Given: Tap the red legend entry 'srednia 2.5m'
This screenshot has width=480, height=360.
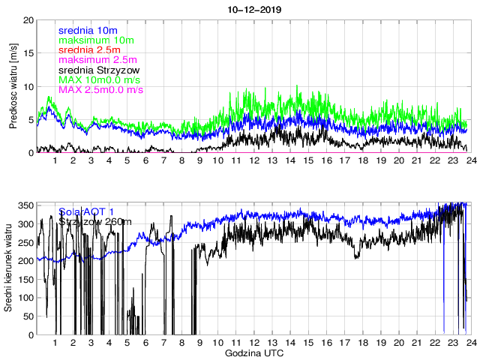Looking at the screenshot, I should (x=88, y=49).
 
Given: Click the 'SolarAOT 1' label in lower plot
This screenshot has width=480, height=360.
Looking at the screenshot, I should (x=86, y=211).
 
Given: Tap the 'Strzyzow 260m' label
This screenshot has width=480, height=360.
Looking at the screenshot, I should (x=95, y=221).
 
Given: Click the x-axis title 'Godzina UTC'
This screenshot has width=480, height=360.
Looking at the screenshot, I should (x=253, y=352).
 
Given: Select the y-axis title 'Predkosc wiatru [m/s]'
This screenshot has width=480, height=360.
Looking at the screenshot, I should (x=13, y=86).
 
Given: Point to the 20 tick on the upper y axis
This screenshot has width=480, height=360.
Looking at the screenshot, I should (x=28, y=20).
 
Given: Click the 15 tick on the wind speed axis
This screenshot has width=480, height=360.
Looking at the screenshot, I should (x=28, y=53).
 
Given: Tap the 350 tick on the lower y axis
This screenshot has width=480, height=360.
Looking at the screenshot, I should (x=25, y=205).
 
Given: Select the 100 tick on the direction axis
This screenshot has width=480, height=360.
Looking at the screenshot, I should (x=25, y=298).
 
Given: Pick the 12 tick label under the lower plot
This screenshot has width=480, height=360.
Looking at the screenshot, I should (x=253, y=343).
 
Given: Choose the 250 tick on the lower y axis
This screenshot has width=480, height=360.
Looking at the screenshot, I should (x=25, y=242).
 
